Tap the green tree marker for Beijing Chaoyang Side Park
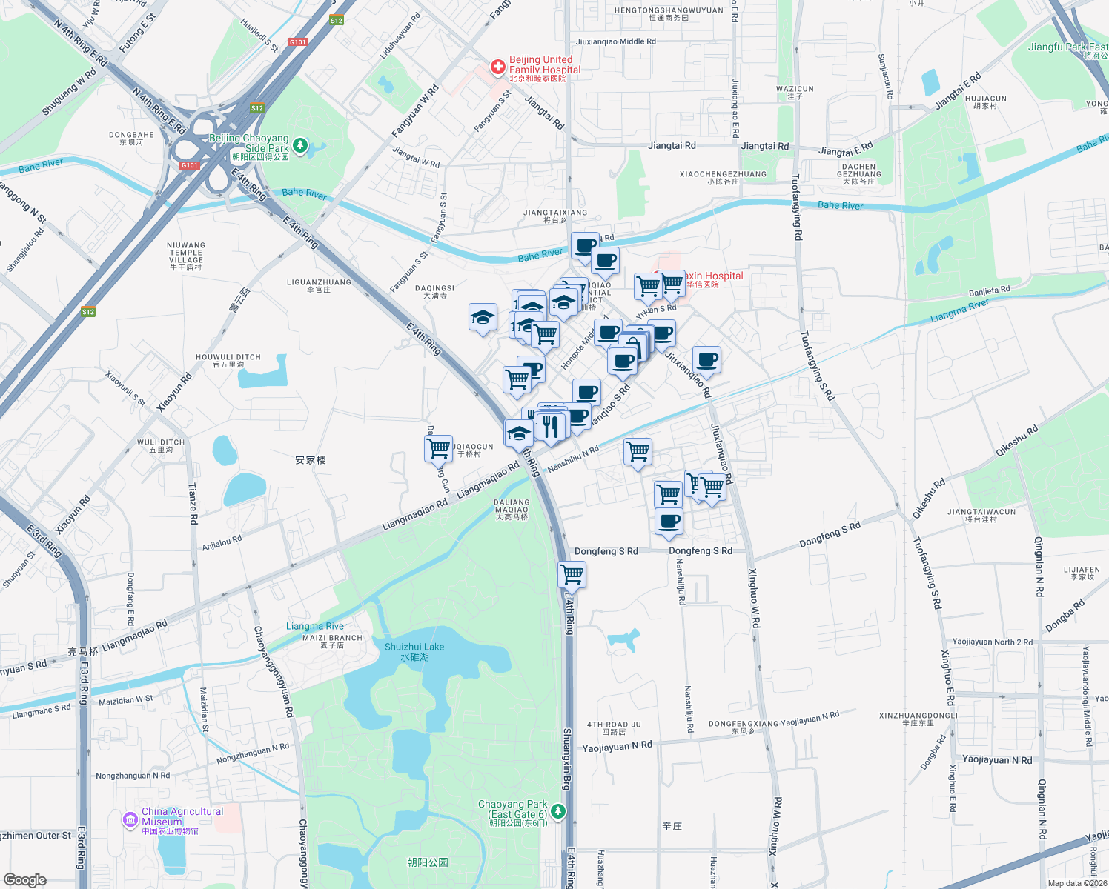(300, 145)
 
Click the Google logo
(24, 879)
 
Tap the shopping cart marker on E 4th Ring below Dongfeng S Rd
(572, 574)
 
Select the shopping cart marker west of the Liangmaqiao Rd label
(438, 448)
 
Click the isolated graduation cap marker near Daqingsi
(483, 318)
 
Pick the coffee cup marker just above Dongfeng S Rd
(669, 522)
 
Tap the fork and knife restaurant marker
(550, 427)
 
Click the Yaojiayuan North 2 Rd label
(992, 642)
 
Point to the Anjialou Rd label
(222, 543)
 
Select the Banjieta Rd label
(989, 290)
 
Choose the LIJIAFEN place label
(1082, 573)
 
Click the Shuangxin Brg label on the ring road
(567, 759)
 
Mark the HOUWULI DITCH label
(228, 360)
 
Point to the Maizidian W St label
(125, 699)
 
